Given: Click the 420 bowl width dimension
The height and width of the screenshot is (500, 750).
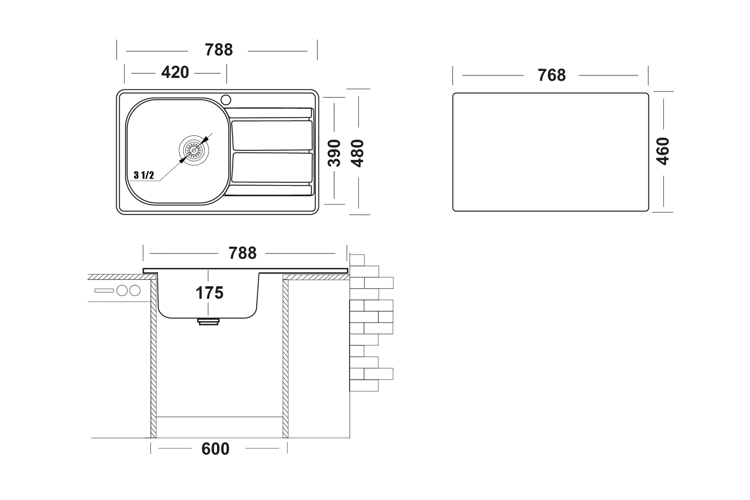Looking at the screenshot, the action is click(175, 73).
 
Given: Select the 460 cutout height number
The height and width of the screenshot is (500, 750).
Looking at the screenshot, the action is click(663, 151).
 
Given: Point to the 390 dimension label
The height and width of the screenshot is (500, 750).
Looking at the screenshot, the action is click(334, 153).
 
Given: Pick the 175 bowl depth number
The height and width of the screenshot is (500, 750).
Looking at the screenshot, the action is click(209, 293).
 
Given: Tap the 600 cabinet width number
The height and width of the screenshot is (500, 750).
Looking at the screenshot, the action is click(215, 449).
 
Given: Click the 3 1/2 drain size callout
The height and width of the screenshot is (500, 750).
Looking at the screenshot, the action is click(144, 175).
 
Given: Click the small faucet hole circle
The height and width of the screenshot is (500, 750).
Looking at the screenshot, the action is click(226, 100).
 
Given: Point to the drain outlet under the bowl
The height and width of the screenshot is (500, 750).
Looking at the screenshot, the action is click(208, 322).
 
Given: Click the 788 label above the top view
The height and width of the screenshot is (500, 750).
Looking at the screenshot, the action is click(219, 50).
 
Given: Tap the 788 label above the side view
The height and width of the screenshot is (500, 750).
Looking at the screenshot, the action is click(242, 253).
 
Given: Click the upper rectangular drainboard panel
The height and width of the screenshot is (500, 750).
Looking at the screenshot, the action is click(272, 135).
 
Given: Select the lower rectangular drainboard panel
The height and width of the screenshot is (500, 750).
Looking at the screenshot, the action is click(272, 168).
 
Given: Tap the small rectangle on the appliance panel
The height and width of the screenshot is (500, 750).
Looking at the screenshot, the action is click(104, 290).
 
